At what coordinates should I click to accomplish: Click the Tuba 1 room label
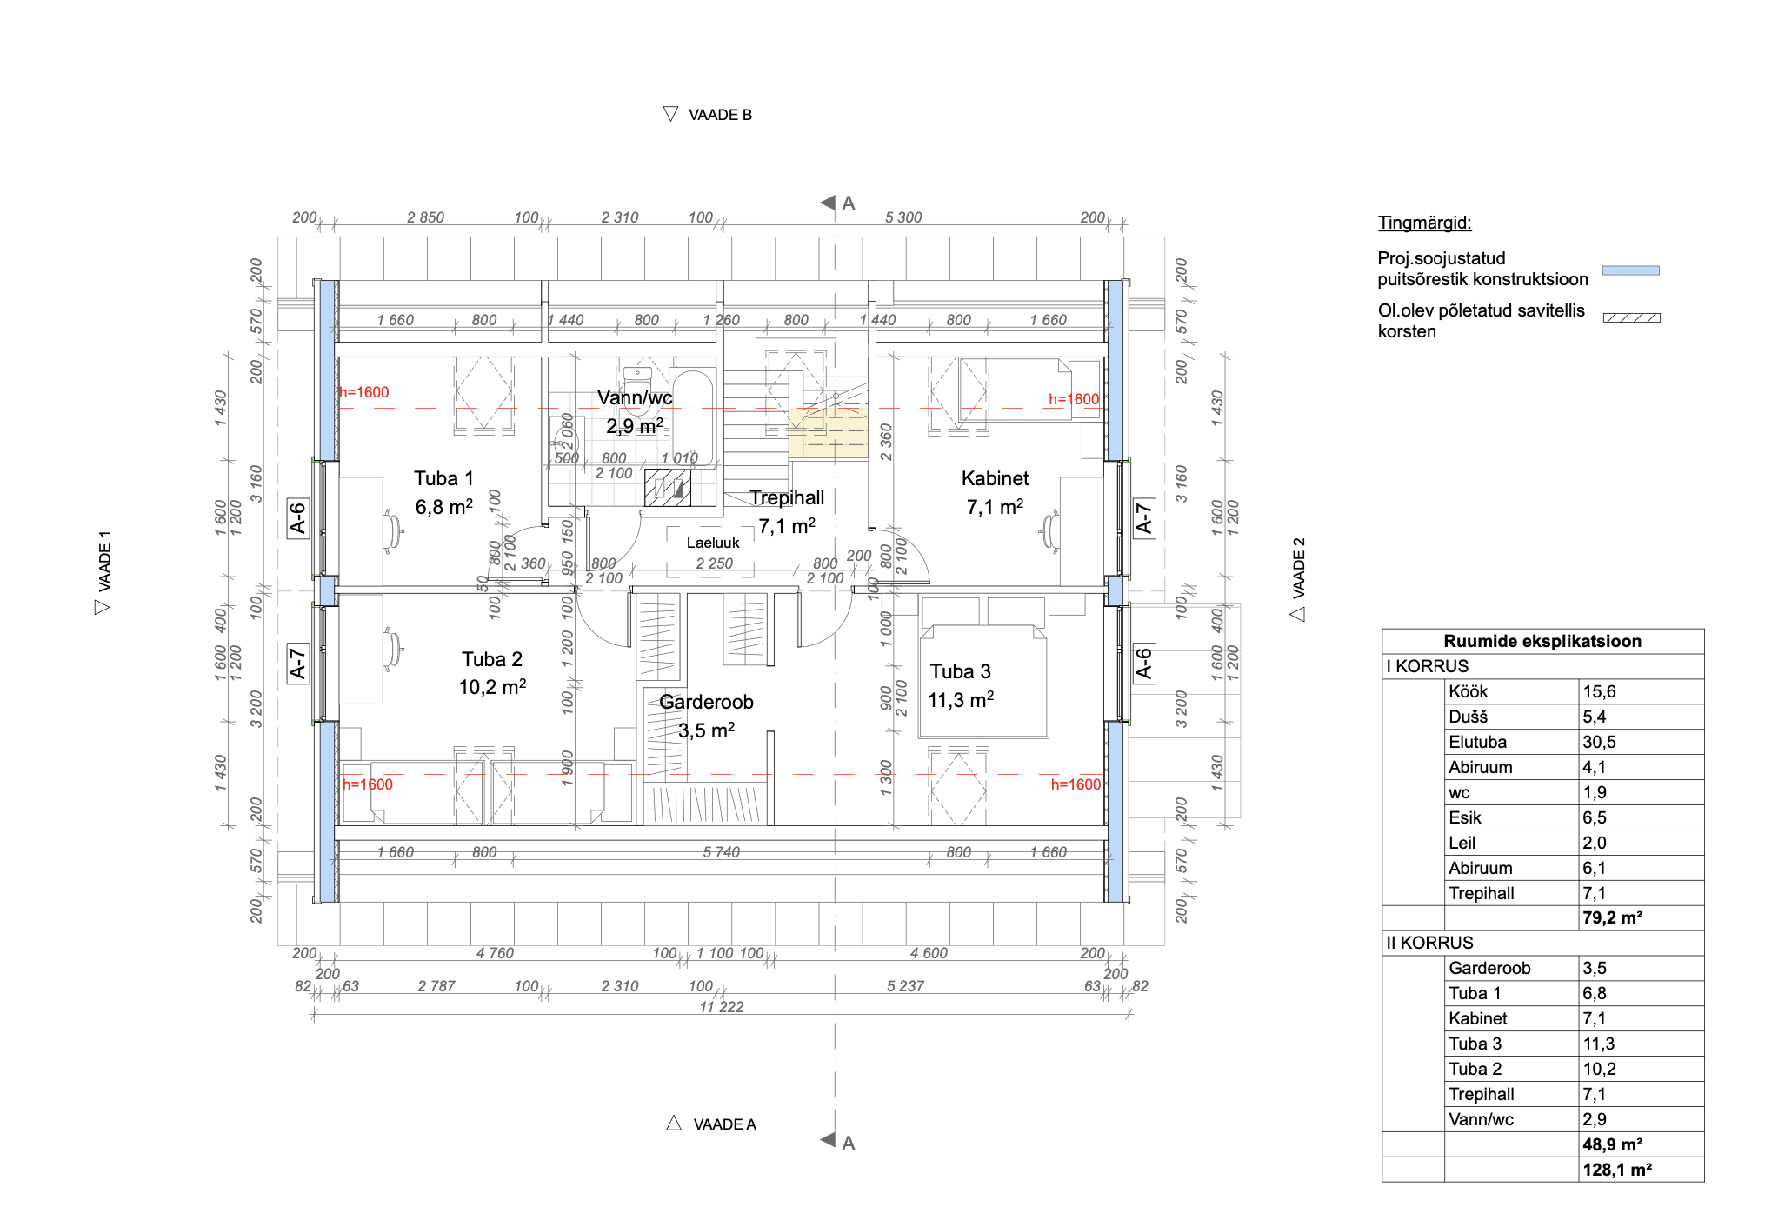click(x=443, y=478)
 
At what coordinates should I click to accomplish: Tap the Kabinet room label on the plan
click(x=995, y=478)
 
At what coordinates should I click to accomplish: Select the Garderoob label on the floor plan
click(x=706, y=702)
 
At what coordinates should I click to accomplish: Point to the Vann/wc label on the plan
click(x=635, y=397)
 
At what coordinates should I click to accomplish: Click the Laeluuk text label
click(x=713, y=543)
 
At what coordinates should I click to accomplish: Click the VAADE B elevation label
click(x=720, y=115)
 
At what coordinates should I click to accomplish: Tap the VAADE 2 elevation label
click(x=1299, y=568)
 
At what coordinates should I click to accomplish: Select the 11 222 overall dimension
click(x=722, y=1007)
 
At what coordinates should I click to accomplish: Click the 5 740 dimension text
click(x=722, y=852)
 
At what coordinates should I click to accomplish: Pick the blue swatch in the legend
click(x=1631, y=270)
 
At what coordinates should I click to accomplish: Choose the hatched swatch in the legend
click(x=1632, y=318)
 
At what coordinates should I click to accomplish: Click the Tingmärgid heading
click(x=1425, y=223)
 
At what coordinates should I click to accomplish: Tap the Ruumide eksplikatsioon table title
click(x=1542, y=641)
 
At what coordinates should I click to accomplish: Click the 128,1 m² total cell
click(x=1617, y=1170)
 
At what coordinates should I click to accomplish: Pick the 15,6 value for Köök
click(x=1600, y=691)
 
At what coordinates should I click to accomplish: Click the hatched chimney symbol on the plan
click(x=668, y=488)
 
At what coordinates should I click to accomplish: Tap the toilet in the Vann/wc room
click(x=637, y=389)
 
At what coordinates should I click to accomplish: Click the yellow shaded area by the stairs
click(x=828, y=432)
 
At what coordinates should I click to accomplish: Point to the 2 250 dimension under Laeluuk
click(x=714, y=563)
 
